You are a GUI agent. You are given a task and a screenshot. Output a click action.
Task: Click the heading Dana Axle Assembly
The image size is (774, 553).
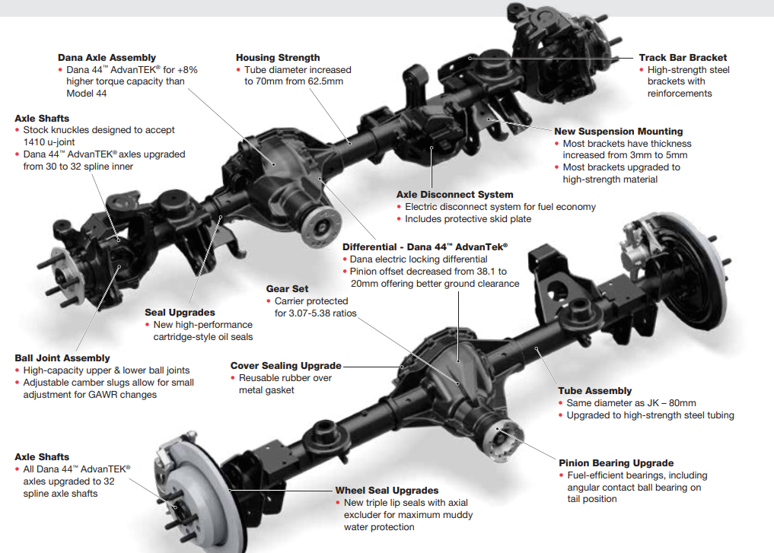[x=107, y=57]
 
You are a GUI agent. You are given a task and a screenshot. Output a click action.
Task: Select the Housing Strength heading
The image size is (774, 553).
[x=278, y=57]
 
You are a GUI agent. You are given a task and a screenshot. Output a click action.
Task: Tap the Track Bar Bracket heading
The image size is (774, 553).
[x=683, y=57]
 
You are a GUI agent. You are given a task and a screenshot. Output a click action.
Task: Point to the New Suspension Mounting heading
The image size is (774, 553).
[x=619, y=131]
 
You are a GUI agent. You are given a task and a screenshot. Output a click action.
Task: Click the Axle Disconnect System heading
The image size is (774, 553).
[x=454, y=195]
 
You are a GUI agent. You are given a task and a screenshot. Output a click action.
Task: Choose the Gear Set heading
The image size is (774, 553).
[x=287, y=289]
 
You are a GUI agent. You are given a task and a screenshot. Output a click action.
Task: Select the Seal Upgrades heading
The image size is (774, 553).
[x=180, y=313]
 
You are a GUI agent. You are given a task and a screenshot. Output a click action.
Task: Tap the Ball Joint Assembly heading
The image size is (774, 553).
[x=62, y=358]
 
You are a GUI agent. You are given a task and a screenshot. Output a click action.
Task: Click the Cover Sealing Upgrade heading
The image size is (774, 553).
[x=286, y=366]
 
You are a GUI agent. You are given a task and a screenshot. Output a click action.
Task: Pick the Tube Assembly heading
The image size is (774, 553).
[x=595, y=391]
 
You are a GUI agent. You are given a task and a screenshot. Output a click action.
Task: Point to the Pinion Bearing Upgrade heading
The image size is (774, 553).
[x=616, y=462]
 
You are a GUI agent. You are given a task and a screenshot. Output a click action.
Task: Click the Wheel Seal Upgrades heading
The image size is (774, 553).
[x=387, y=491]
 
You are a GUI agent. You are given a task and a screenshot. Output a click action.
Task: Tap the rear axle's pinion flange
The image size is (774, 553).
[x=499, y=435]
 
